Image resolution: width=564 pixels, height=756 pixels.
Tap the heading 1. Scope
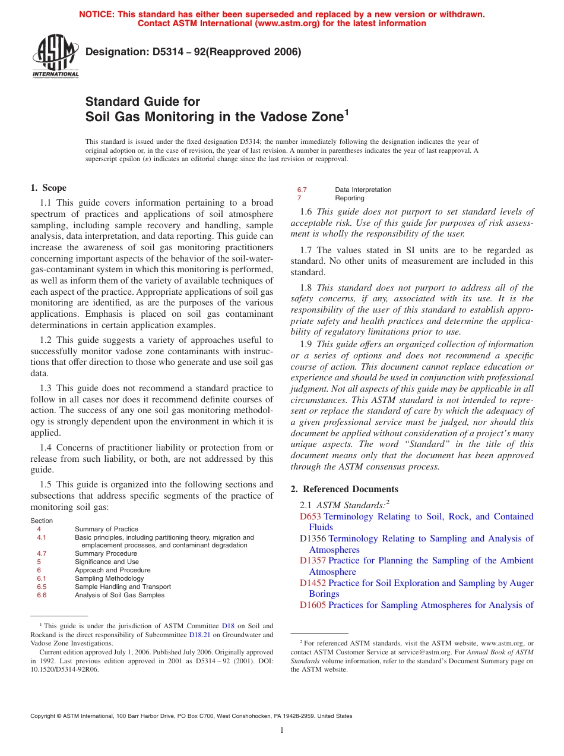(49, 188)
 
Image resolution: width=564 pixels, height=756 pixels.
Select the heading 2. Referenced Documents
(344, 489)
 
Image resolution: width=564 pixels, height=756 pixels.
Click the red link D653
(310, 516)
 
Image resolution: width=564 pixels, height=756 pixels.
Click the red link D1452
(313, 583)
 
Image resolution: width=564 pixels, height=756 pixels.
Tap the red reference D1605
(313, 605)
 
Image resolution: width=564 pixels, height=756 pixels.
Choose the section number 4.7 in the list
(42, 553)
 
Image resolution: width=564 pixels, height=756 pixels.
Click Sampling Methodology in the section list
(109, 578)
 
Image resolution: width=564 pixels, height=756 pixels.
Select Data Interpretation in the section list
(363, 190)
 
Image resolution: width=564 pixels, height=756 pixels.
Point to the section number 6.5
(42, 587)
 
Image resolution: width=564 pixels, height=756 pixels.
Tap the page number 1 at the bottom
(282, 730)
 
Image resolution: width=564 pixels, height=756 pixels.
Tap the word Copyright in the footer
(45, 716)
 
